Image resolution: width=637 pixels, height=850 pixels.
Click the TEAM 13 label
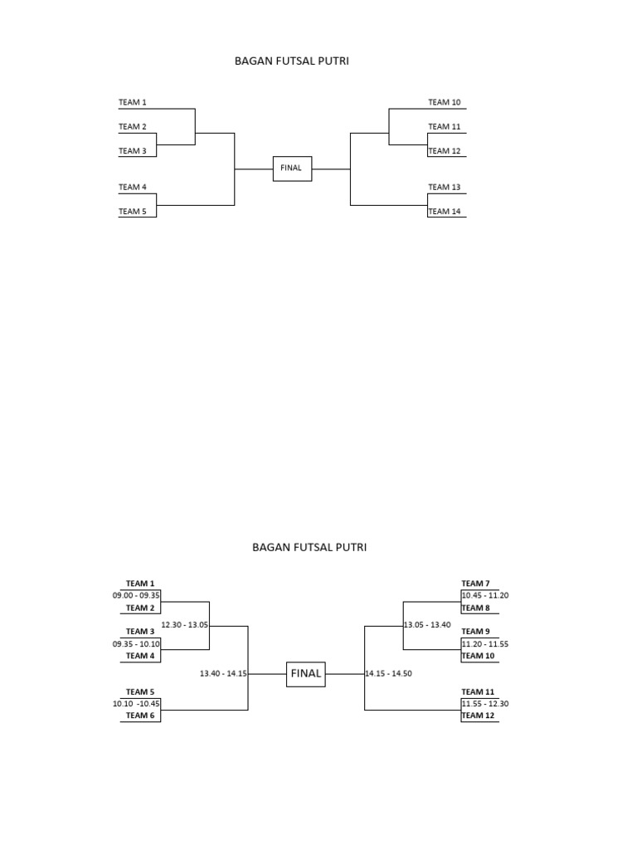444,187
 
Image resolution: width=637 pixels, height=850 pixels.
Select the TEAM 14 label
444,211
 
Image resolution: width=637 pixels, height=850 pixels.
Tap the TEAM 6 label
139,716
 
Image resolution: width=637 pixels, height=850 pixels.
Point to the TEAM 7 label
475,584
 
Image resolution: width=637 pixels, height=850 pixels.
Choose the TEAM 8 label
475,608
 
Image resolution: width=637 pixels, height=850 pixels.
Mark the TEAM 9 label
475,632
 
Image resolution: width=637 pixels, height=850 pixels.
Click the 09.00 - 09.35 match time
136,595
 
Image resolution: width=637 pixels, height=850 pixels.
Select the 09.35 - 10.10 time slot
136,643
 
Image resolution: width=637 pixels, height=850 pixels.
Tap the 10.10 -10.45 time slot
136,703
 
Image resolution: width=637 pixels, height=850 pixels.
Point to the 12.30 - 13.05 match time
185,625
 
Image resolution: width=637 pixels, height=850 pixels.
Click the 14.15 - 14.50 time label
388,674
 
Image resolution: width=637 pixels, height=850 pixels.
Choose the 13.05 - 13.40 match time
426,625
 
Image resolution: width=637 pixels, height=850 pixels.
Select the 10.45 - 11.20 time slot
485,595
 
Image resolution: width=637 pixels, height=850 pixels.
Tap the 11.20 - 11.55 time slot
485,643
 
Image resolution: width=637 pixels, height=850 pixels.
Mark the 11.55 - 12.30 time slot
485,703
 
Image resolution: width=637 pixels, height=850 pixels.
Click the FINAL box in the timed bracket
305,674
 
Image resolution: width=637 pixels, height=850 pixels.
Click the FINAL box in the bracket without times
291,168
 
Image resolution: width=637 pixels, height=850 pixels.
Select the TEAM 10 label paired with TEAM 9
478,656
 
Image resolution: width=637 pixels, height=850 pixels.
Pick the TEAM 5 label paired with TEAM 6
139,691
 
